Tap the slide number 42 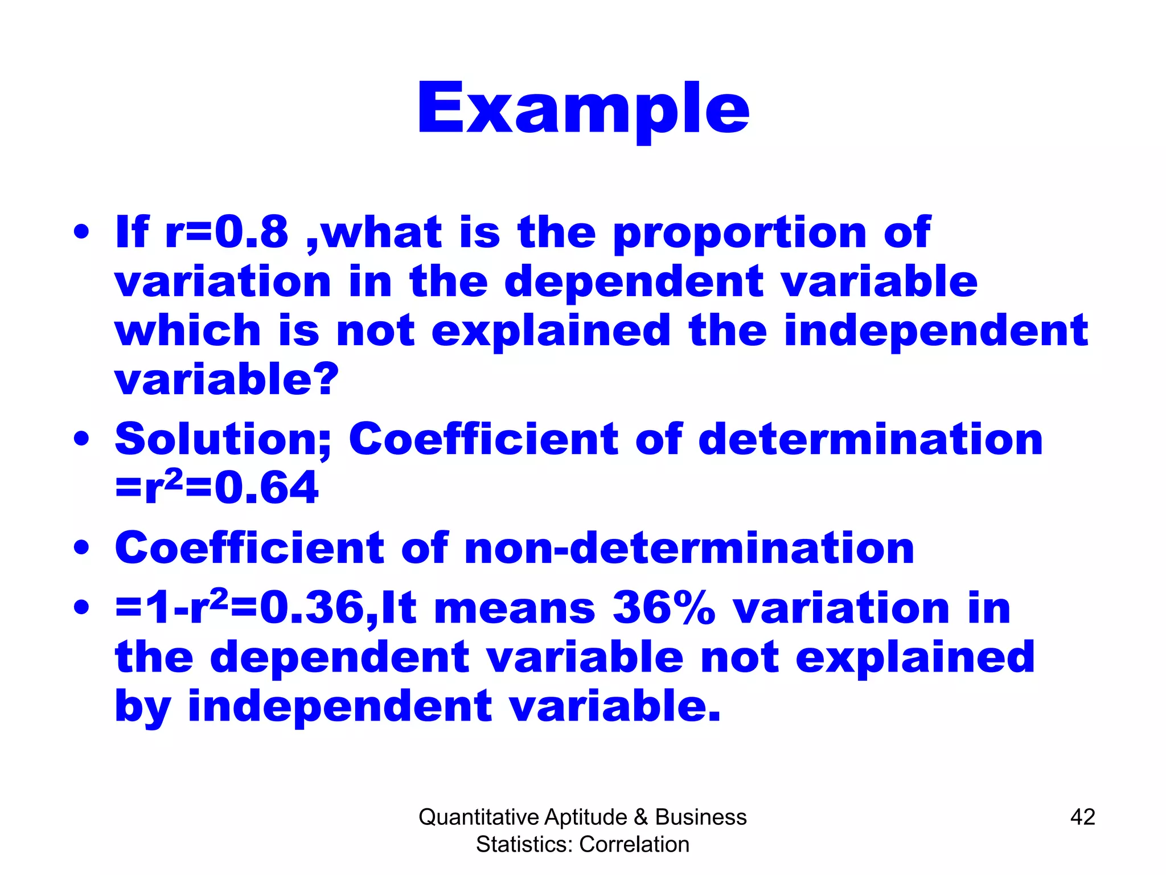click(x=1082, y=817)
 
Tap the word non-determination click(x=689, y=548)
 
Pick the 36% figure click(x=663, y=608)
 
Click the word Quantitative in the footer click(x=478, y=817)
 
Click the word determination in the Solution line click(x=870, y=440)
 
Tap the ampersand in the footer click(x=641, y=817)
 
